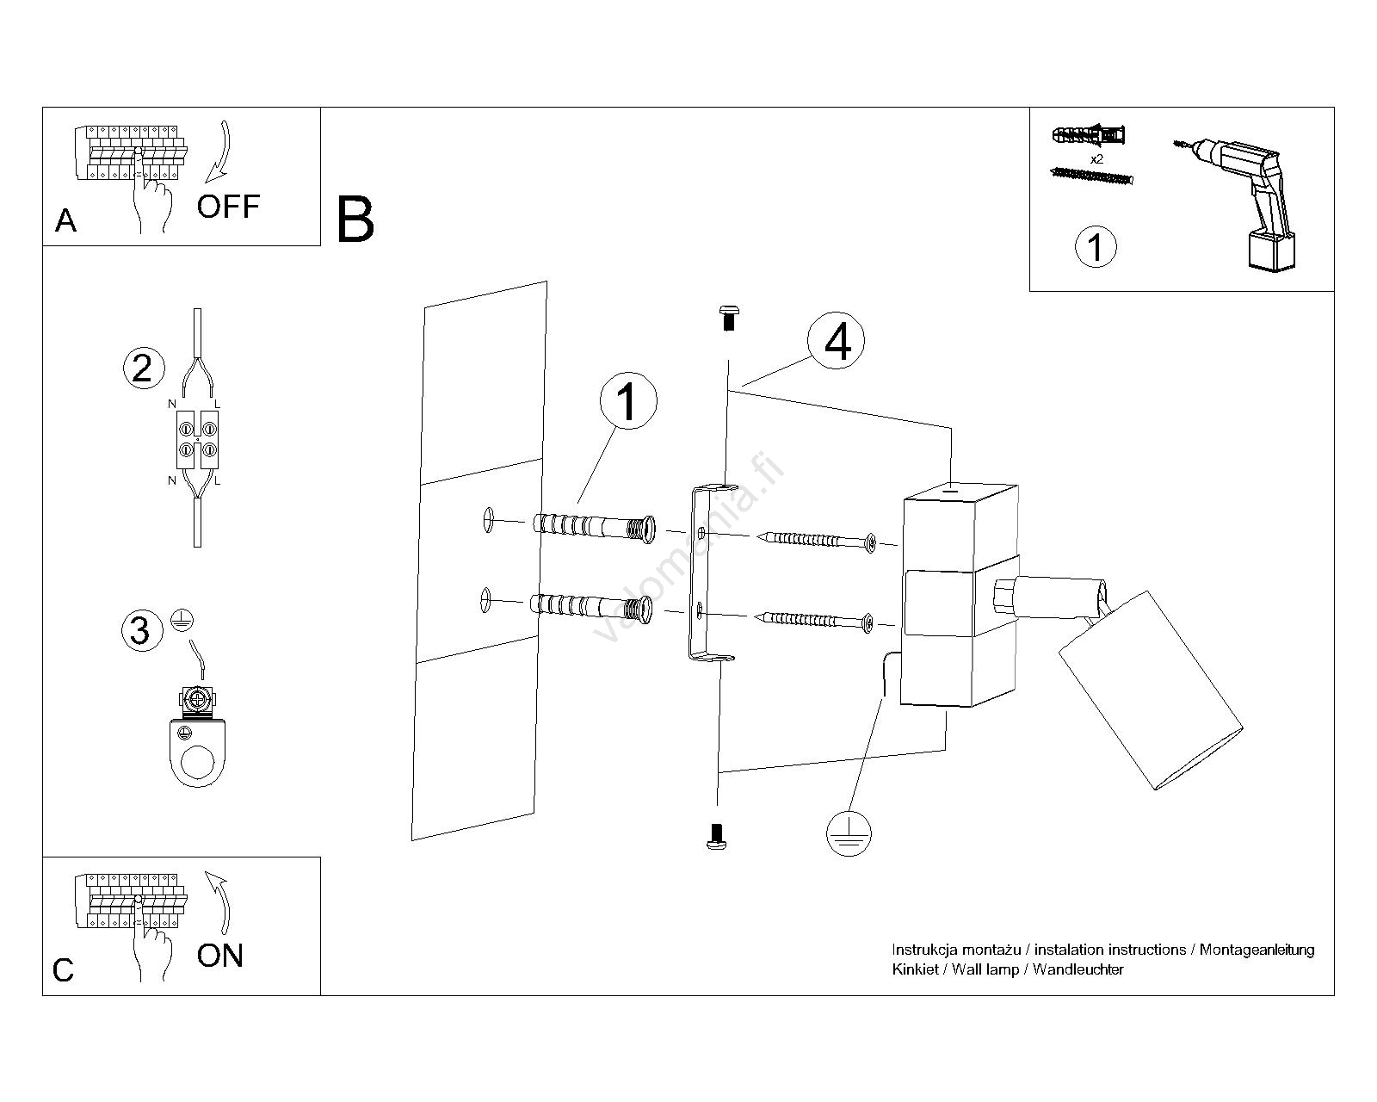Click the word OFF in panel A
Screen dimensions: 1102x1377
coord(228,207)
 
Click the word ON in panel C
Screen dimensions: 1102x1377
coord(220,956)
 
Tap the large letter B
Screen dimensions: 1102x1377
coord(355,220)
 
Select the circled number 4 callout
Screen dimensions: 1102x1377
coord(837,342)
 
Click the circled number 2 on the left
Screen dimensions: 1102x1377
coord(143,368)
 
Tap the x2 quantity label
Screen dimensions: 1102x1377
coord(1096,159)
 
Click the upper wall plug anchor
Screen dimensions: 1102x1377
coord(594,526)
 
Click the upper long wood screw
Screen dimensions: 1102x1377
coord(818,541)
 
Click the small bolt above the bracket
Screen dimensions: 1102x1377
coord(728,318)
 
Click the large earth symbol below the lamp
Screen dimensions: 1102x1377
coord(849,833)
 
